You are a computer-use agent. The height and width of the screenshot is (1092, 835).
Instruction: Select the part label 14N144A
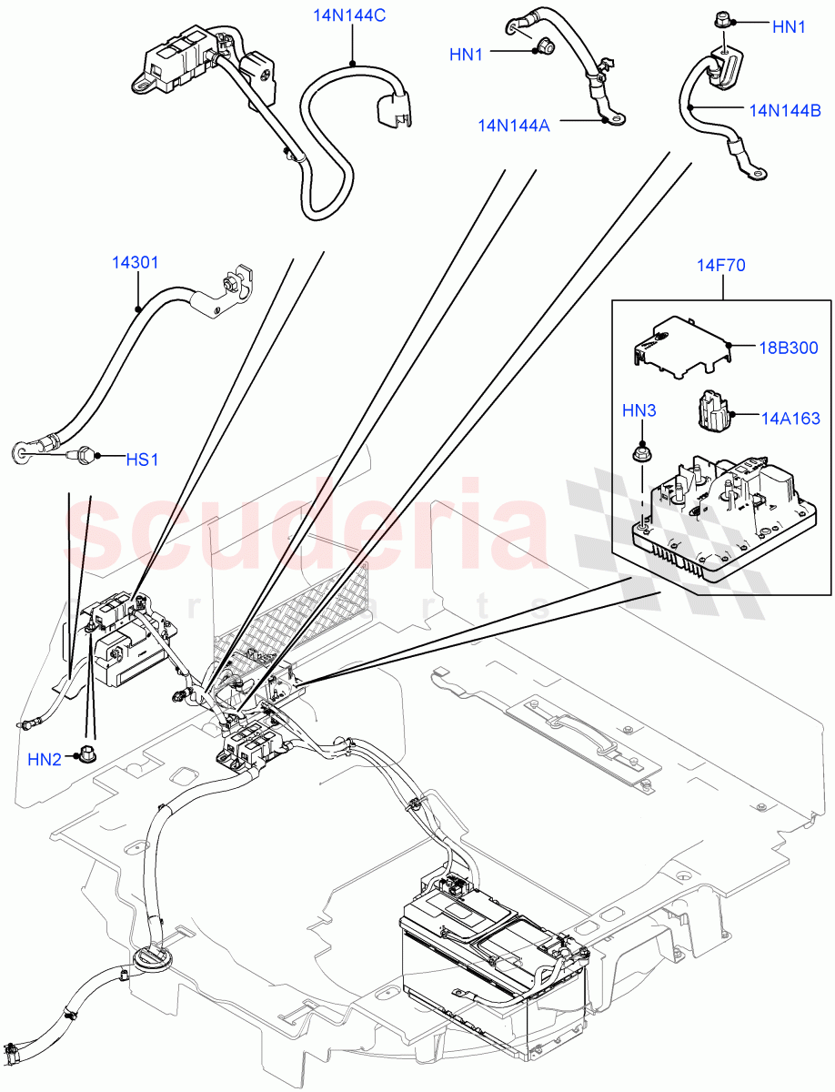pos(515,125)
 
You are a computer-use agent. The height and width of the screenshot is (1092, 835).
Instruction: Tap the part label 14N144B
pos(785,110)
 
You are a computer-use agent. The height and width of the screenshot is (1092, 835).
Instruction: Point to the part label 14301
pos(136,263)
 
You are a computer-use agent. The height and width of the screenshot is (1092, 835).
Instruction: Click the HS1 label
pos(142,460)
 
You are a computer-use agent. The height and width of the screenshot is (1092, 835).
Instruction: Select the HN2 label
pos(43,758)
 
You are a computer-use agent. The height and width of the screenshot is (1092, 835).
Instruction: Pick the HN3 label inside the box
pos(639,411)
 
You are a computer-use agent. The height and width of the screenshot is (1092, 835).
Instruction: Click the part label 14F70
pos(723,266)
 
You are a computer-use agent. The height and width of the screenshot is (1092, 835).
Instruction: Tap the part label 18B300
pos(790,348)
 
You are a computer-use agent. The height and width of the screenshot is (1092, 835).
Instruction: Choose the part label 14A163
pos(790,418)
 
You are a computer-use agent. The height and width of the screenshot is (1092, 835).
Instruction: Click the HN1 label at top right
pos(789,27)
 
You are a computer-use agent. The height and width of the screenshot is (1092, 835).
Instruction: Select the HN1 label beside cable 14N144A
pos(466,55)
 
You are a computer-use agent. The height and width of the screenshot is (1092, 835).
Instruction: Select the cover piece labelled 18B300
pos(678,344)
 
